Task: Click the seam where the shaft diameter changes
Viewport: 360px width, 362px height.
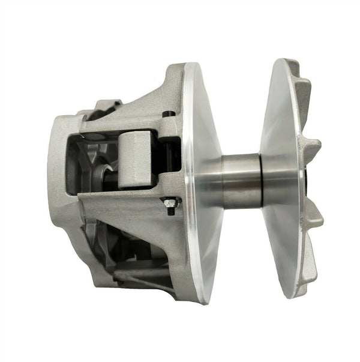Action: pyautogui.click(x=262, y=179)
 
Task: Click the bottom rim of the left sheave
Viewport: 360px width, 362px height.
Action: pyautogui.click(x=207, y=294)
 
